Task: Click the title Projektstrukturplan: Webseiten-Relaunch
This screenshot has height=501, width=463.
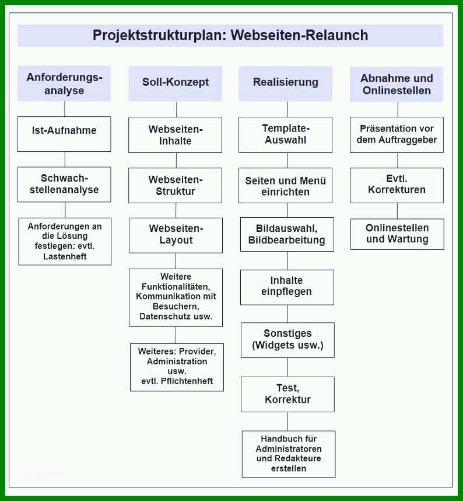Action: [x=230, y=35]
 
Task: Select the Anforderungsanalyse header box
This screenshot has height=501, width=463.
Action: [x=64, y=83]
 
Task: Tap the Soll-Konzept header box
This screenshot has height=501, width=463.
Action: [x=175, y=83]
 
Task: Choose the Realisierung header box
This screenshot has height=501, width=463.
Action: [x=286, y=83]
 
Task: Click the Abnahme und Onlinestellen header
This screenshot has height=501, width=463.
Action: [x=397, y=84]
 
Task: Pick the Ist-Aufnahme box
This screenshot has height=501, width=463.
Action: [x=64, y=134]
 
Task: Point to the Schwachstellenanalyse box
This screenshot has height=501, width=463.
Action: [x=64, y=185]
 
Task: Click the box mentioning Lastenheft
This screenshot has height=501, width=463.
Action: [x=65, y=241]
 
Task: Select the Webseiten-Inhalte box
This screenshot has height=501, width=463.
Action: [x=175, y=135]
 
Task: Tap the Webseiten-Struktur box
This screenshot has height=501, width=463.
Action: [x=175, y=185]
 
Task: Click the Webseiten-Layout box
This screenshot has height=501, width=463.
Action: [x=176, y=235]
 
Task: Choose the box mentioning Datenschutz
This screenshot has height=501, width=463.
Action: [x=176, y=297]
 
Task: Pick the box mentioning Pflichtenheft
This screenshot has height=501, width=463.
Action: [x=177, y=367]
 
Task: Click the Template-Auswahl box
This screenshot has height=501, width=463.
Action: [x=285, y=135]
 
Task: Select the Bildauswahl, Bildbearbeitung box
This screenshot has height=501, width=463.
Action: [x=287, y=235]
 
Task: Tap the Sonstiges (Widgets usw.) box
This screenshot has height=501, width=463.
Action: [x=287, y=340]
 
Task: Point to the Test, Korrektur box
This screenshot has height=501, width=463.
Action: [x=287, y=394]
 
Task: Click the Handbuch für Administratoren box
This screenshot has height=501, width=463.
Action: [x=289, y=454]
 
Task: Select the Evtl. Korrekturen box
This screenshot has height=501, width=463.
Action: [x=397, y=185]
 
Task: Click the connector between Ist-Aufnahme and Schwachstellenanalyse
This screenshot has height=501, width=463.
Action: [x=65, y=159]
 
